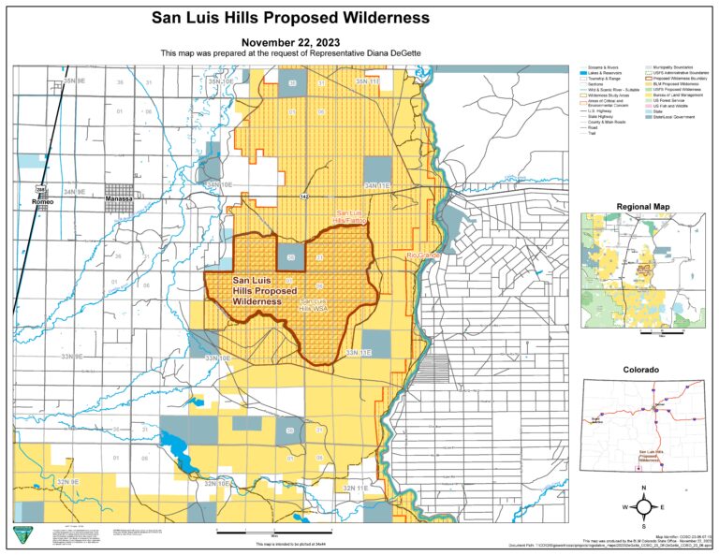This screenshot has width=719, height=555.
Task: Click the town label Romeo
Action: point(42,201)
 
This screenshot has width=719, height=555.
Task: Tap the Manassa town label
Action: point(118,199)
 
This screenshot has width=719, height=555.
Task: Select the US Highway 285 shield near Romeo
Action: point(40,191)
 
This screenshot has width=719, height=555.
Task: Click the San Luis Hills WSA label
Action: point(313,303)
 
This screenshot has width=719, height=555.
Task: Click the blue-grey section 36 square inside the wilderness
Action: point(290,257)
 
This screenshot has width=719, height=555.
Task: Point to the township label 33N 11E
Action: point(359,353)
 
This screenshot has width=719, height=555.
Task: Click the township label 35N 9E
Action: point(75,82)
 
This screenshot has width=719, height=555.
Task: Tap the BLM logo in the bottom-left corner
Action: point(22,535)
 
